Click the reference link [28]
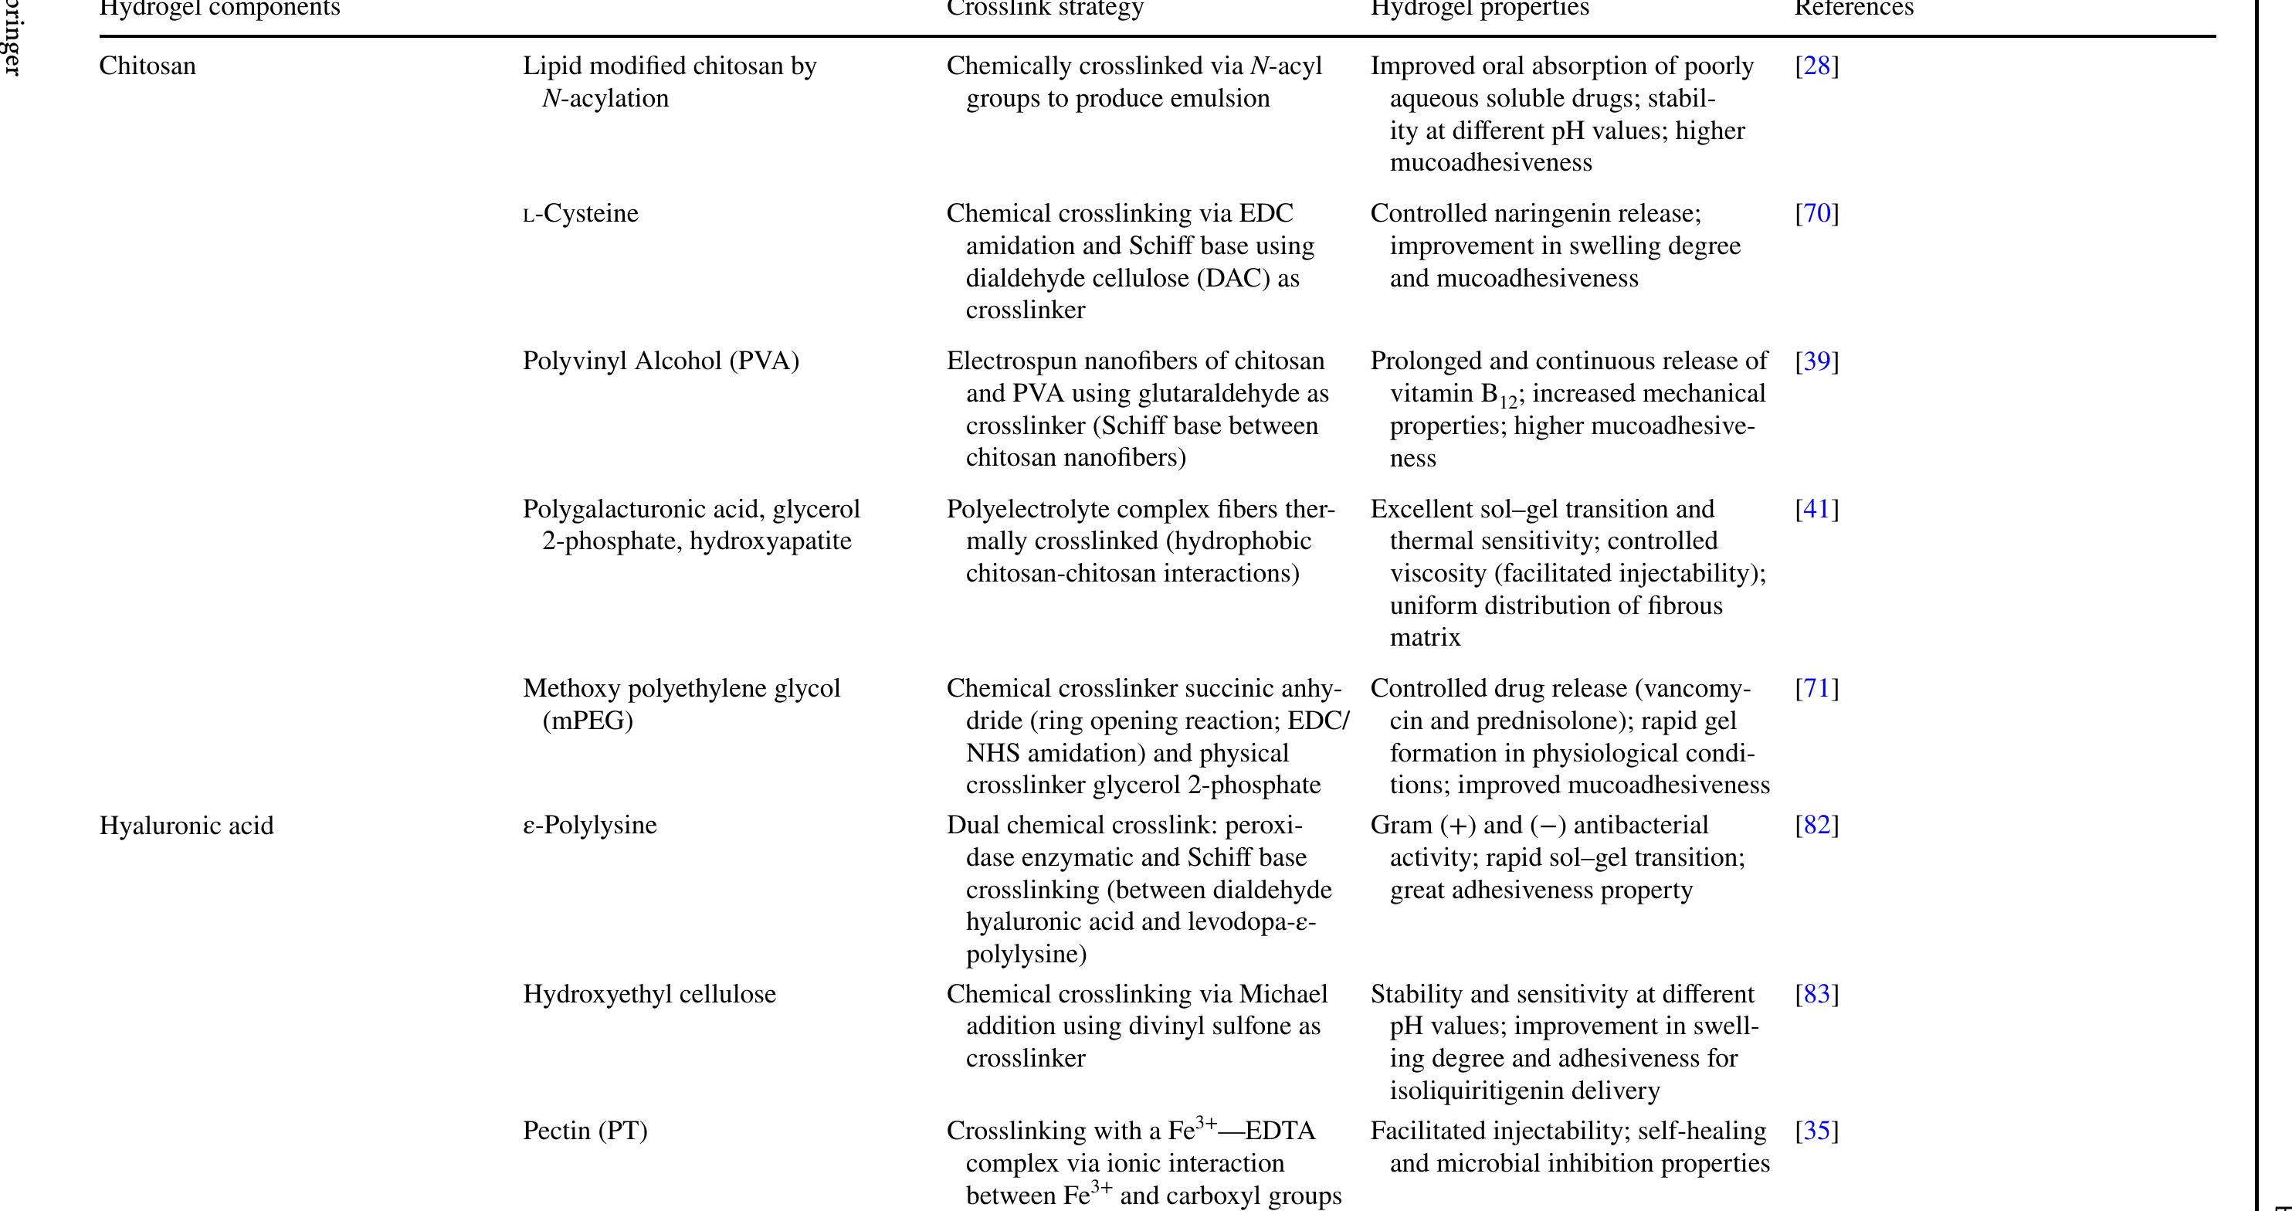(x=1816, y=66)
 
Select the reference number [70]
(x=1816, y=215)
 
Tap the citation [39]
(x=1816, y=362)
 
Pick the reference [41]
(x=1816, y=510)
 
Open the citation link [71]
(x=1816, y=690)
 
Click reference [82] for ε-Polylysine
(x=1816, y=826)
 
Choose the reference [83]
(x=1816, y=995)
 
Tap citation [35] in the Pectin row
(x=1816, y=1131)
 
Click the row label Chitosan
(x=147, y=66)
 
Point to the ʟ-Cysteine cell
(x=580, y=215)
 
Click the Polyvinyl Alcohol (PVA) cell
(x=660, y=362)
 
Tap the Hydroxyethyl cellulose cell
(x=649, y=995)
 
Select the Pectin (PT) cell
(x=585, y=1131)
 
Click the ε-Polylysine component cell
(x=589, y=826)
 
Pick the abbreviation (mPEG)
(x=587, y=721)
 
